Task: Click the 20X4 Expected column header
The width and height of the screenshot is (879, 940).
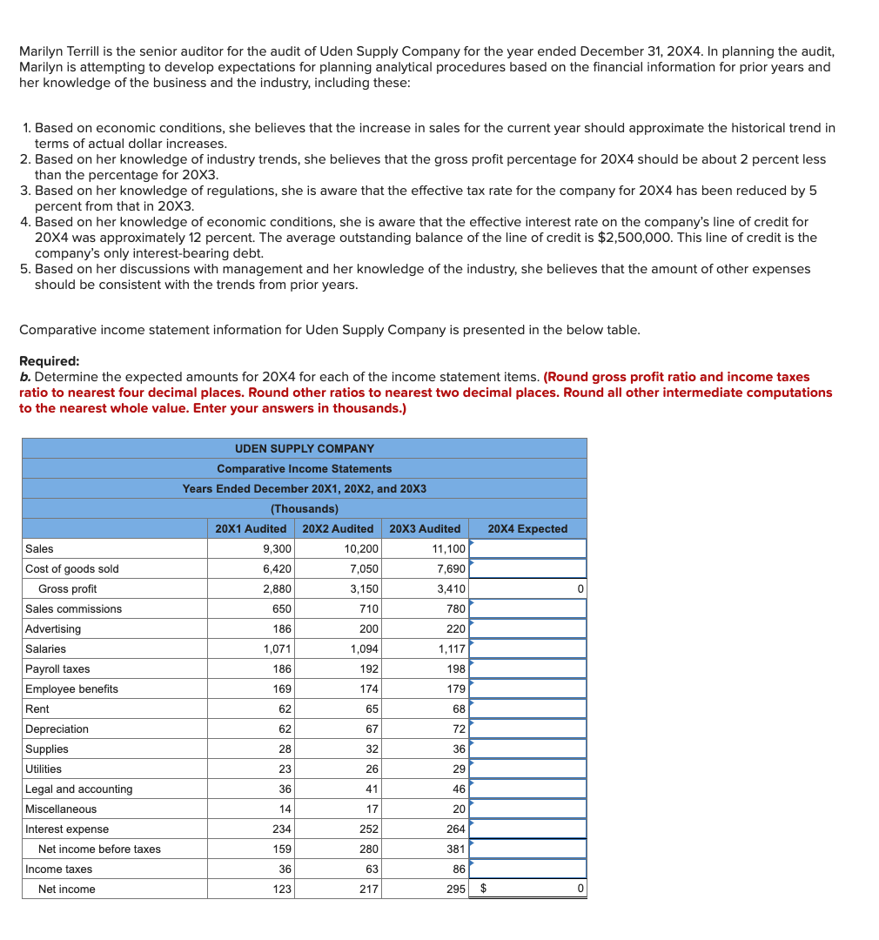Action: coord(527,528)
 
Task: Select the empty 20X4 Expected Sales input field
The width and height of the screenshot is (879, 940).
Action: coord(527,548)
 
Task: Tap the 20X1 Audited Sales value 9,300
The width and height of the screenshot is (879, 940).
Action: coord(277,548)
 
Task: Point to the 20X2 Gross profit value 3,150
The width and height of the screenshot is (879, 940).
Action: coord(364,588)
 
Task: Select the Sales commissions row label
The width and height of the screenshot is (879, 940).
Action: coord(73,608)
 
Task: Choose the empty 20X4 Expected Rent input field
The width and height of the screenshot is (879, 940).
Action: coord(527,708)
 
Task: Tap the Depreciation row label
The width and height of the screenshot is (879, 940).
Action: coord(57,728)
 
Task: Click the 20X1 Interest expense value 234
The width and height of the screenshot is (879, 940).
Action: coord(282,829)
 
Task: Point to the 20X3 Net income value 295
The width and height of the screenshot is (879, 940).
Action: coord(456,889)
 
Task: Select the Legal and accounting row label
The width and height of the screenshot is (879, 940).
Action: coord(79,789)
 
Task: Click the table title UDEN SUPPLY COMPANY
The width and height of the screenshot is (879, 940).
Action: coord(305,448)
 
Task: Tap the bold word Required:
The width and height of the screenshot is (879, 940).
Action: coord(49,361)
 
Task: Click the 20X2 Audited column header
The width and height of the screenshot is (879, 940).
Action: coord(338,528)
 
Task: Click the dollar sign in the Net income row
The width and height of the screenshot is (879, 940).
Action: coord(484,889)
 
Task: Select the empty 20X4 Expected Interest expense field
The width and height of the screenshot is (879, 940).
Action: coord(527,829)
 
